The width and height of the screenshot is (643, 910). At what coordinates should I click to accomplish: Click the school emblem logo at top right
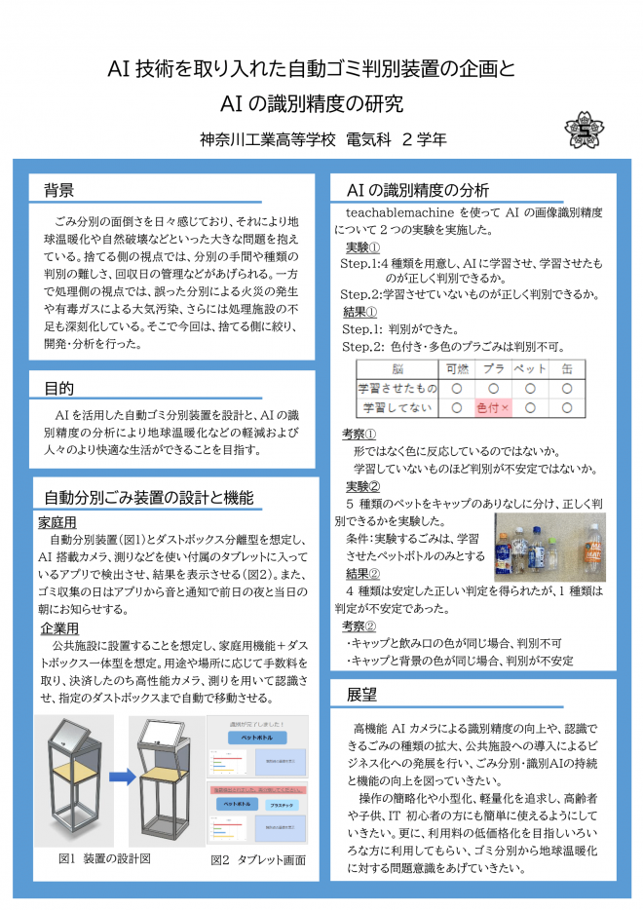pos(586,130)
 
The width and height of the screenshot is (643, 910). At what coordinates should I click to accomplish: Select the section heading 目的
pos(59,388)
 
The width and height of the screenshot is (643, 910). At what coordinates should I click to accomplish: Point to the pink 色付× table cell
pos(491,407)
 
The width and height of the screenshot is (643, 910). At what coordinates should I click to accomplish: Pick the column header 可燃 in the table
pos(456,369)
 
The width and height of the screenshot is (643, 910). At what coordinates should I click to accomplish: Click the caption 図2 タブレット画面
pos(258,860)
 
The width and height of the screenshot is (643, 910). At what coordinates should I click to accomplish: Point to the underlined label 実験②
pos(363,486)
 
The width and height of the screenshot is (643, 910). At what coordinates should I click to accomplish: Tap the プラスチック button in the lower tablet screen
pos(284,806)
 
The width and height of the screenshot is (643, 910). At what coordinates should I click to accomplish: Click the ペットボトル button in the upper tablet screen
pos(256,738)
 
